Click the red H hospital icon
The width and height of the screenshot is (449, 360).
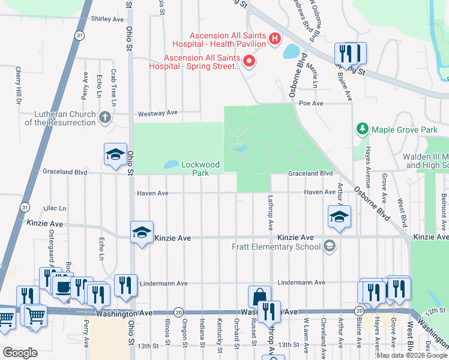click(275, 39)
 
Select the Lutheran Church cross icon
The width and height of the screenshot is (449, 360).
click(105, 117)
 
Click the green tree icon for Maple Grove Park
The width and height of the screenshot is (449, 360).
click(363, 128)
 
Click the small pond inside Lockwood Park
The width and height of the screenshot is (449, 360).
click(170, 164)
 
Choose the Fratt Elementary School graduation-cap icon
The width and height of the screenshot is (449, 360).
click(329, 246)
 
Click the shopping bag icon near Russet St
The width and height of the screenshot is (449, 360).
click(259, 296)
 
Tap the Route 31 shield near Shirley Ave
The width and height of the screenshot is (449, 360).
click(79, 36)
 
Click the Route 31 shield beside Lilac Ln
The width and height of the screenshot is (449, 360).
click(23, 207)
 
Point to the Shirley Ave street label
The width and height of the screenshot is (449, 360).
click(107, 19)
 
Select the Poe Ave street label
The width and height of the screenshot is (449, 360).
click(312, 103)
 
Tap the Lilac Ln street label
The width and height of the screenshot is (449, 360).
click(55, 208)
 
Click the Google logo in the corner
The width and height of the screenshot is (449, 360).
click(20, 352)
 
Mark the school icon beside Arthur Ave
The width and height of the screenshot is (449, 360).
click(339, 217)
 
